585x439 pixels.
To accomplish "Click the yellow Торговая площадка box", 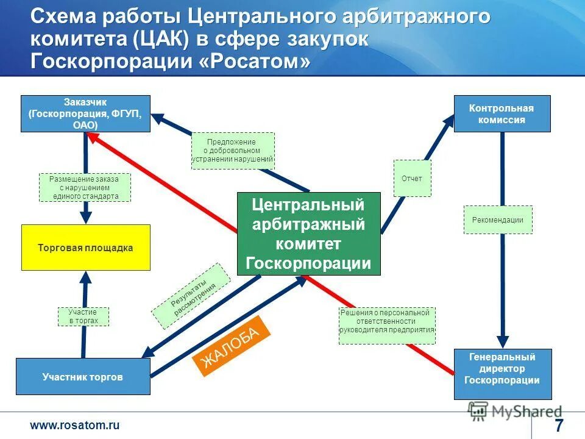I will pos(86,248).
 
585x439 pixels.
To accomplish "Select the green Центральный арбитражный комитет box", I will pos(308,234).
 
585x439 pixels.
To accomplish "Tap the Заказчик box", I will pos(85,113).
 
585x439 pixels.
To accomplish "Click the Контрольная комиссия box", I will pos(502,113).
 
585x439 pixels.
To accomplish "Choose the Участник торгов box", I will pos(83,377).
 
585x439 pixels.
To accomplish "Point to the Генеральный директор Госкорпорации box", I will pos(503,374).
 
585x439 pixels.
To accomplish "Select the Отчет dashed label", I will pos(412,179).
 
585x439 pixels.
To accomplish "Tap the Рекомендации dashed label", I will pos(498,220).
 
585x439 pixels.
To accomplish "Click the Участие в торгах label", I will pos(83,316).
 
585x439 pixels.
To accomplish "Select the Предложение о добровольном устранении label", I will pos(233,151).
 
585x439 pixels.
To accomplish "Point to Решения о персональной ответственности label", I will pos(387,325).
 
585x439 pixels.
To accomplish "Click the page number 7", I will pos(559,424).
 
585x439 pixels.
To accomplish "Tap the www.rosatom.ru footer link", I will pos(75,425).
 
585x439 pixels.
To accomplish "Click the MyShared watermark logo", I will pos(515,412).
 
